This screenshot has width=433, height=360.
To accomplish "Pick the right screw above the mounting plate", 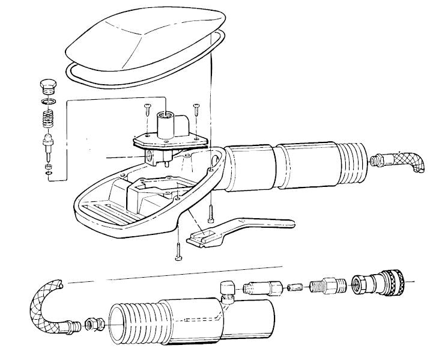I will click(196, 109).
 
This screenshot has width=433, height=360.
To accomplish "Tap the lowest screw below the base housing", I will click(178, 252).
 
